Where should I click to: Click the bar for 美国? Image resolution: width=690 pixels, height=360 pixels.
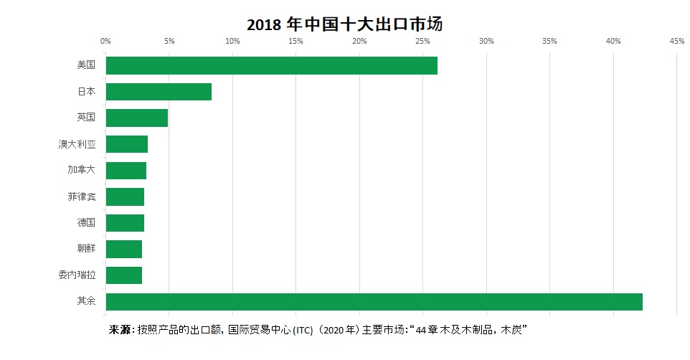pos(271,65)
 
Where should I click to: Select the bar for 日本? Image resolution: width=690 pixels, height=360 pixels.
pos(159,92)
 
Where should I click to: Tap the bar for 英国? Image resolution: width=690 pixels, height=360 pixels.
pos(136,118)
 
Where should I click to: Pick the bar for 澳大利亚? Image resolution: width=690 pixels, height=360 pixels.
pos(126,144)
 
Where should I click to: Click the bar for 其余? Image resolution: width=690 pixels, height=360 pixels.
pos(374,301)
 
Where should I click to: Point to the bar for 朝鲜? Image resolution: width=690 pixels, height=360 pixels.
pos(123,249)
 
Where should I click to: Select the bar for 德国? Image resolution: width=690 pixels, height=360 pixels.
pos(125,222)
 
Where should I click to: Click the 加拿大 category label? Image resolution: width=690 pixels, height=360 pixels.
pos(82,171)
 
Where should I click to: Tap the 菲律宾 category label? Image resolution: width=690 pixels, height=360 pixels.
pos(82,196)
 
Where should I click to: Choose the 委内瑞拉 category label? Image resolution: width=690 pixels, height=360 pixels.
pos(77,275)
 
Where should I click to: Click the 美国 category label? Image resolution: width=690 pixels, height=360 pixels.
pos(86,65)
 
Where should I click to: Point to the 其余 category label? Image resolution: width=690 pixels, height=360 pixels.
pos(86,301)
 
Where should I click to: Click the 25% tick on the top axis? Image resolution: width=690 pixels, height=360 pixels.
pos(422,41)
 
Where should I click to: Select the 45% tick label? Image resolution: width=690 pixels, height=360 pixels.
pos(676,41)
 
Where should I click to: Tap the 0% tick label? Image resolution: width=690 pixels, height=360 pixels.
pos(105,41)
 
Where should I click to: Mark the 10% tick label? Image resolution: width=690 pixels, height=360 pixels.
pos(232,41)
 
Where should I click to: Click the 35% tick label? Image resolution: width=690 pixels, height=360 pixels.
pos(549,41)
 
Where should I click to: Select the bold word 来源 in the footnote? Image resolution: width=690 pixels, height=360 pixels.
pos(120,331)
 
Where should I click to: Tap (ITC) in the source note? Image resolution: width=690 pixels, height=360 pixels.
pos(304,331)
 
